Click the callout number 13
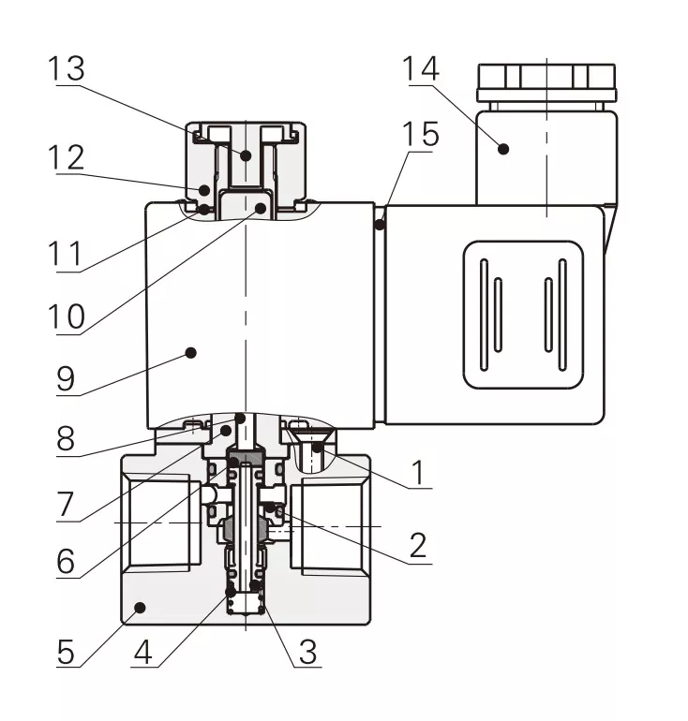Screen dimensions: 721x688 (67, 69)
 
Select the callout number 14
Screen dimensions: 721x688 (420, 69)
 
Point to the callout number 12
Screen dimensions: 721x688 (67, 156)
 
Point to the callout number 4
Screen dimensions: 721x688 (142, 651)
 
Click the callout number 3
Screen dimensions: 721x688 (307, 651)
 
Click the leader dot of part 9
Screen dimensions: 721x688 (190, 352)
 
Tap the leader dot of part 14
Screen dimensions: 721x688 (503, 147)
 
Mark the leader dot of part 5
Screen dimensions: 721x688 (139, 607)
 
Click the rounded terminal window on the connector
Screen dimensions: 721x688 (523, 315)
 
